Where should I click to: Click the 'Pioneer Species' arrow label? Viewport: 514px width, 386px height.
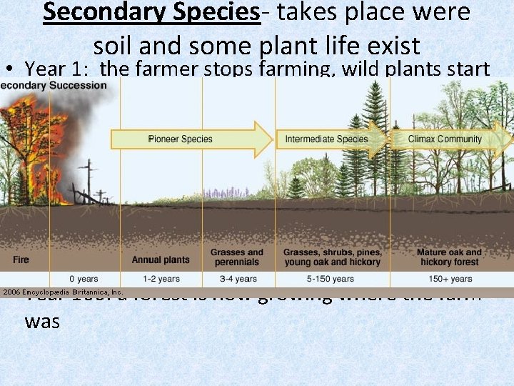tap(180, 139)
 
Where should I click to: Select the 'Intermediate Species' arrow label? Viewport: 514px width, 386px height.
tap(327, 139)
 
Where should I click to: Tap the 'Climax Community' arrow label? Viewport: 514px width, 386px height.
tap(445, 139)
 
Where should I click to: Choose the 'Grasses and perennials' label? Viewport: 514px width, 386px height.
tap(236, 257)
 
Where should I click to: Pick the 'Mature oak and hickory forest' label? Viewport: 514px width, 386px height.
tap(449, 257)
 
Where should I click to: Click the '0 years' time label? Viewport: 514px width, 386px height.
tap(84, 278)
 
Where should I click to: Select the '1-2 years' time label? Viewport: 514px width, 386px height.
tap(161, 278)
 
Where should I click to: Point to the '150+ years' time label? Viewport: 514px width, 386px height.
tap(449, 278)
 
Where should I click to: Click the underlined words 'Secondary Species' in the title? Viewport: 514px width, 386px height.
tap(152, 13)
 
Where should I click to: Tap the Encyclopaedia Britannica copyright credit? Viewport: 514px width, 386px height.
tap(62, 292)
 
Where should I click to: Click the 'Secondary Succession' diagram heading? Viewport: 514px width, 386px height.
tap(54, 86)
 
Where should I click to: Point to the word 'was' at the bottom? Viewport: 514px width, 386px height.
tap(41, 322)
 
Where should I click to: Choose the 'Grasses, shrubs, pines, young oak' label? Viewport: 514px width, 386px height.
tap(333, 257)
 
